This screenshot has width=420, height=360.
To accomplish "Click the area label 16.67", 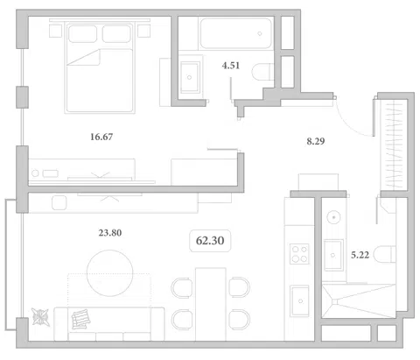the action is pos(101,137).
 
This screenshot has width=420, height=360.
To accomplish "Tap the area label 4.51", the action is pos(231,66).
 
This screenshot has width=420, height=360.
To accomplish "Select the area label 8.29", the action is pos(316,141).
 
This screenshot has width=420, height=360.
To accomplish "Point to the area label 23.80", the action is pos(110,233).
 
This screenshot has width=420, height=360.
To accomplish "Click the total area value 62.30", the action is pos(210,241).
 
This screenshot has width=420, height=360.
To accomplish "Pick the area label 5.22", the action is pos(360,255).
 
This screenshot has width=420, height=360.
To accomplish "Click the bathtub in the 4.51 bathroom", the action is pos(235,33).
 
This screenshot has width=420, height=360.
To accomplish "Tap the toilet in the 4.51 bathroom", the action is pos(262,72).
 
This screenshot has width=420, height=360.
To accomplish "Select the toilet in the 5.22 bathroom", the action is pos(385,254).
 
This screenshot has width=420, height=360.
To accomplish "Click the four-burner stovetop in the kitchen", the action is pos(299,254).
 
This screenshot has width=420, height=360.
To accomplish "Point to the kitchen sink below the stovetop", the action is pos(299,300).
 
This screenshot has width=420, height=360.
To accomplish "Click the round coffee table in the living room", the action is pos(110,273).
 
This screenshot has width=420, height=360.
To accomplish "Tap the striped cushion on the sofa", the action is pos(80,319).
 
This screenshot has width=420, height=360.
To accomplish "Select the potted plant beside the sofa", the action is pos(40,317).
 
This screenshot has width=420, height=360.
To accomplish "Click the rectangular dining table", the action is pos(211,304).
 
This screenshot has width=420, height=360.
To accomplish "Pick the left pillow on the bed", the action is pos(82,34).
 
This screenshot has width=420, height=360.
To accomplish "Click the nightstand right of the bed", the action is pos(144,31).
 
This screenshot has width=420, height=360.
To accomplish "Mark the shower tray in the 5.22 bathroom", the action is pos(359,300).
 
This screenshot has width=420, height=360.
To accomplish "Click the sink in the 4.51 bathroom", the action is pos(190,77).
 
